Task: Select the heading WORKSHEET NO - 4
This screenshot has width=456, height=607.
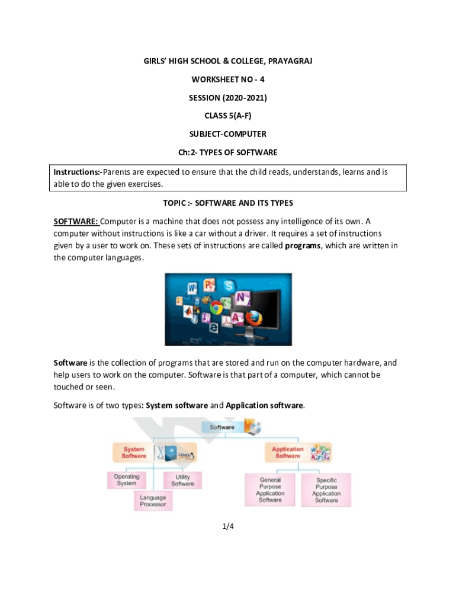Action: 227,80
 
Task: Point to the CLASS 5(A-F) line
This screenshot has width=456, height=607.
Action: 227,116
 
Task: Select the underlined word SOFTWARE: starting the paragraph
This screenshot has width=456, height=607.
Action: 76,222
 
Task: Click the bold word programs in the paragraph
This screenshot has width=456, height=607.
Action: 303,246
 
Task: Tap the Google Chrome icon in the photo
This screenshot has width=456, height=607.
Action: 216,307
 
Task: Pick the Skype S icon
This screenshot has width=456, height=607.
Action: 229,286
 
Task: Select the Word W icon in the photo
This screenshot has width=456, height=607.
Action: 191,288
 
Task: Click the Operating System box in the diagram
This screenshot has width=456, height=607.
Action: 127,480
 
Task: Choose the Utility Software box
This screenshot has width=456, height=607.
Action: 182,480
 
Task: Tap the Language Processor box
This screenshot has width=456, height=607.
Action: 153,501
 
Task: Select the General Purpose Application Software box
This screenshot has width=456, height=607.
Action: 270,490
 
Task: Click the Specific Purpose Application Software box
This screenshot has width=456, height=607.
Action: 326,490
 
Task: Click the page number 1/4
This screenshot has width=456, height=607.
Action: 228,525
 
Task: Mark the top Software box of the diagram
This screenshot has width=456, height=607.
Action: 222,427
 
